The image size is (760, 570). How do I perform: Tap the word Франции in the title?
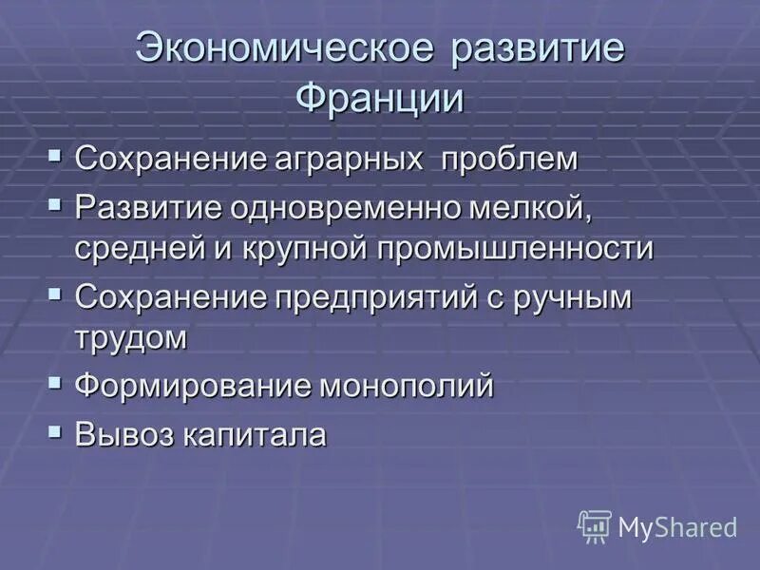click(x=380, y=98)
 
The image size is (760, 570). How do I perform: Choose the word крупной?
click(x=290, y=248)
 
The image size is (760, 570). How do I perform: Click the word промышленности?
click(x=517, y=248)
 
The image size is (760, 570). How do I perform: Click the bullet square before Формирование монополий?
click(x=56, y=384)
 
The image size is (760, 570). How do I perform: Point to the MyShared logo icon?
click(x=594, y=525)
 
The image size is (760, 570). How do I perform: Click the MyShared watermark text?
click(x=677, y=527)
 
